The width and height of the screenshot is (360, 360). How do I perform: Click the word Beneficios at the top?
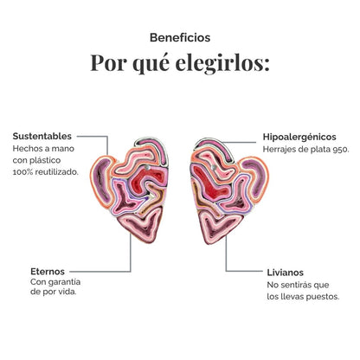(180, 38)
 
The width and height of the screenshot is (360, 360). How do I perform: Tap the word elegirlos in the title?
(222, 62)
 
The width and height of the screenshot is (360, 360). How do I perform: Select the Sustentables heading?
(42, 137)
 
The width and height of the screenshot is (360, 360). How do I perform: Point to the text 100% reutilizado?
(46, 172)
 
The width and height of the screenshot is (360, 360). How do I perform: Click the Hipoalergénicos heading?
(299, 137)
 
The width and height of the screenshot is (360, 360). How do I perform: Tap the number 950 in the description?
(341, 150)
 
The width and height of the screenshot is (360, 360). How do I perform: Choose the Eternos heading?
(48, 272)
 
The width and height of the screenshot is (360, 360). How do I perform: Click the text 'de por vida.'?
(54, 292)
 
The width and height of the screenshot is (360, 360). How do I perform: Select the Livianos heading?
(285, 273)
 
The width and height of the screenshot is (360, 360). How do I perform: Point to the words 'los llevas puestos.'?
(303, 297)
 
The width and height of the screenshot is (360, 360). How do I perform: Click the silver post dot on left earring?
(147, 167)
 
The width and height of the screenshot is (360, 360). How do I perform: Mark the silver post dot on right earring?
(214, 167)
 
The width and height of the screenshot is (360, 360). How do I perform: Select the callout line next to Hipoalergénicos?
(239, 142)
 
